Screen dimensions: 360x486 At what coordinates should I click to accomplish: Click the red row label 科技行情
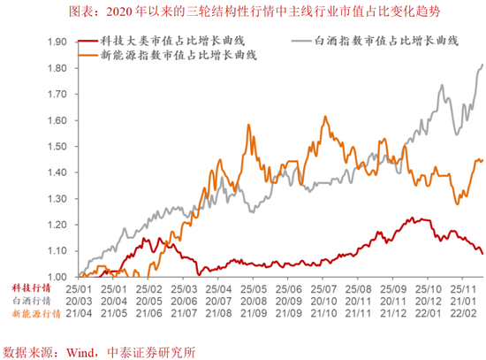[31, 288]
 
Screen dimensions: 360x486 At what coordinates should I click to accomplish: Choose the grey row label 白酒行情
[31, 301]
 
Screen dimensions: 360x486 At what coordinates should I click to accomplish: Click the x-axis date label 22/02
[462, 313]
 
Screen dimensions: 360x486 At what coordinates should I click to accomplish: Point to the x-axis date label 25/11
[462, 288]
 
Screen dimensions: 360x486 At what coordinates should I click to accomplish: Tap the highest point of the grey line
[482, 64]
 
